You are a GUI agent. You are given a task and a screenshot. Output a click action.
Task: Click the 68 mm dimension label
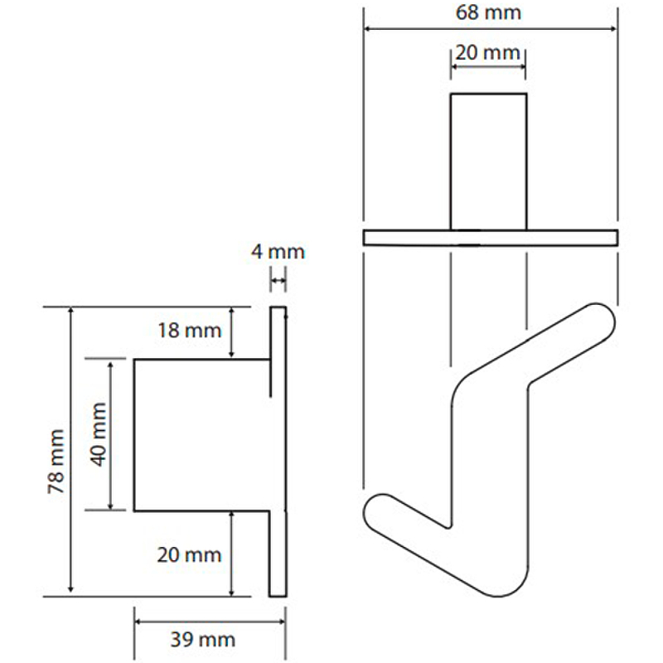(488, 12)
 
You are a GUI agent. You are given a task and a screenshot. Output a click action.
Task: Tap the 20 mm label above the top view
(487, 53)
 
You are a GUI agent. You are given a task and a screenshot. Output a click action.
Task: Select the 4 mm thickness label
(278, 252)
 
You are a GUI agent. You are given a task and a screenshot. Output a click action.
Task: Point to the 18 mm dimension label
(190, 330)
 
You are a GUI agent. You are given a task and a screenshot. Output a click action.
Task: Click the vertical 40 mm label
(99, 434)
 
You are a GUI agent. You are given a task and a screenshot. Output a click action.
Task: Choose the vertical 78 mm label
(56, 462)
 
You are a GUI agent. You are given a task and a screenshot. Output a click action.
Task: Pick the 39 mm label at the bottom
(202, 640)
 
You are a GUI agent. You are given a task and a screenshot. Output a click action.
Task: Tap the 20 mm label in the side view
(189, 554)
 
